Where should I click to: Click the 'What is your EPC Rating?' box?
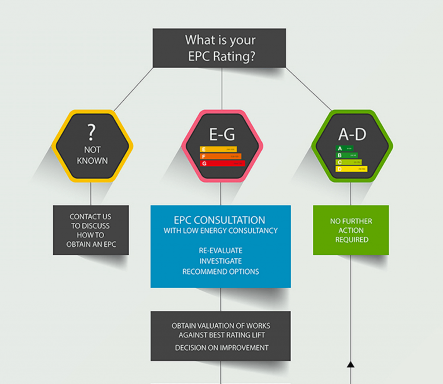(x=219, y=48)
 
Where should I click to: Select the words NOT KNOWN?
(x=92, y=155)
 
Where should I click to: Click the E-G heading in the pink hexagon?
(x=222, y=135)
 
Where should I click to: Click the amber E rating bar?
(x=218, y=149)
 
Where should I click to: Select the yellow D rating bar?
(x=352, y=169)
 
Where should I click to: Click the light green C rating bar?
(x=349, y=162)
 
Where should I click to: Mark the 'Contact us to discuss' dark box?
(x=91, y=230)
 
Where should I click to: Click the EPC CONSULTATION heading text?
(x=219, y=220)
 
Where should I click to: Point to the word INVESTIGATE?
(x=221, y=261)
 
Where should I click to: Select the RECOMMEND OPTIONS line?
(x=221, y=272)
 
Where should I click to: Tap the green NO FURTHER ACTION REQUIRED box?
(x=351, y=230)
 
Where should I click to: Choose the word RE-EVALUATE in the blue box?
(x=221, y=251)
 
